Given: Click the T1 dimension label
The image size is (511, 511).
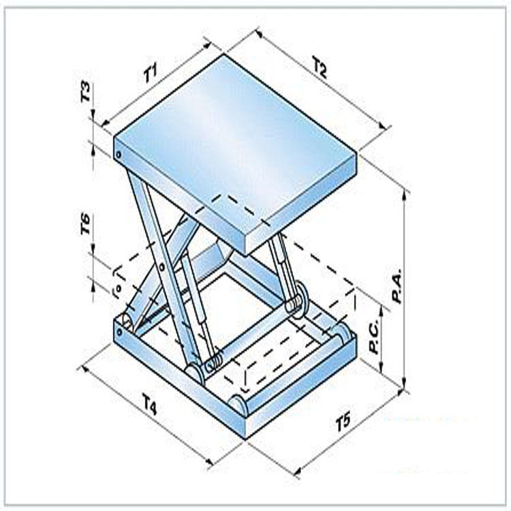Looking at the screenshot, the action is pyautogui.click(x=151, y=73).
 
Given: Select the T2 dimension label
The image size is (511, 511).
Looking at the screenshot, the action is pyautogui.click(x=320, y=67).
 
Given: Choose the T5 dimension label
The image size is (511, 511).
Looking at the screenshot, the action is pyautogui.click(x=343, y=422).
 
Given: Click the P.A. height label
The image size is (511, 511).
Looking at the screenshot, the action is pyautogui.click(x=397, y=285).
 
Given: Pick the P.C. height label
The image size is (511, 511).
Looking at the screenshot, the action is pyautogui.click(x=374, y=336).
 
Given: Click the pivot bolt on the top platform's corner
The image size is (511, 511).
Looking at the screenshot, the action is pyautogui.click(x=119, y=154).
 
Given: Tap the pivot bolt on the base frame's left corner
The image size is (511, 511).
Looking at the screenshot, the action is pyautogui.click(x=119, y=332).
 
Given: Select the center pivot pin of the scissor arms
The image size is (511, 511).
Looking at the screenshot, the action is pyautogui.click(x=161, y=267).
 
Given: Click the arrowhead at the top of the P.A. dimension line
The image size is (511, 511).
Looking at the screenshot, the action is pyautogui.click(x=405, y=193).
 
